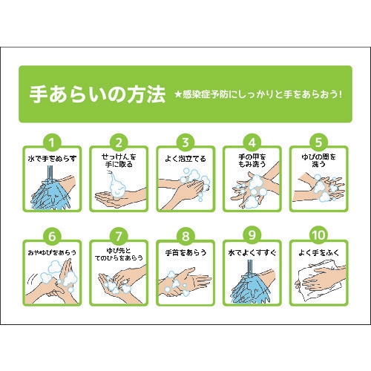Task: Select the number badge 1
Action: [x=52, y=141]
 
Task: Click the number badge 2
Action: [x=119, y=141]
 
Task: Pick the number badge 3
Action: [x=186, y=141]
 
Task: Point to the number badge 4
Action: [x=252, y=141]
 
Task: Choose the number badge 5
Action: [x=319, y=141]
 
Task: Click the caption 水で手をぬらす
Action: [x=52, y=158]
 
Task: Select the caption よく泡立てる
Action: [x=186, y=158]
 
